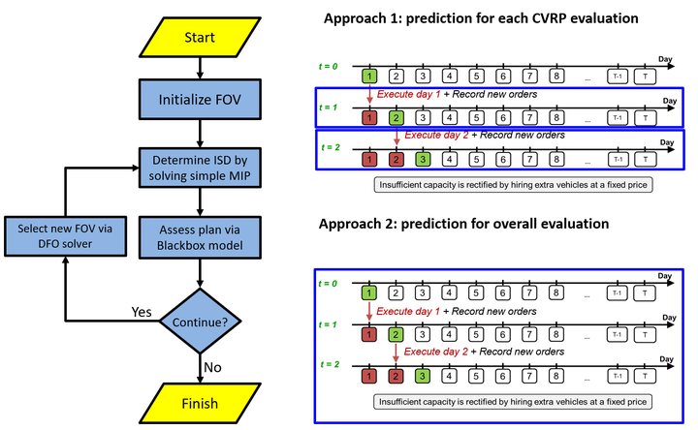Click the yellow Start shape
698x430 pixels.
pyautogui.click(x=198, y=38)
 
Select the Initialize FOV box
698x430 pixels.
pyautogui.click(x=198, y=99)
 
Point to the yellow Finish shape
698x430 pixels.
pyautogui.click(x=198, y=403)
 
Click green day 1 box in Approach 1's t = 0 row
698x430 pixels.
pyautogui.click(x=369, y=75)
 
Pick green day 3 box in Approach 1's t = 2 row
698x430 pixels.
pyautogui.click(x=422, y=159)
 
